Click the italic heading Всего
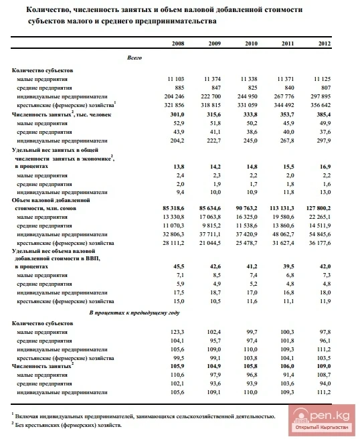pyautogui.click(x=134, y=58)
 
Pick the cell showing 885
pyautogui.click(x=179, y=88)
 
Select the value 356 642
pyautogui.click(x=319, y=105)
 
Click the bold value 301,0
pyautogui.click(x=176, y=114)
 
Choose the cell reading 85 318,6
pyautogui.click(x=173, y=209)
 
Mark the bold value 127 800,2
pyautogui.click(x=317, y=209)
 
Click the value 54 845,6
pyautogui.click(x=319, y=235)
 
